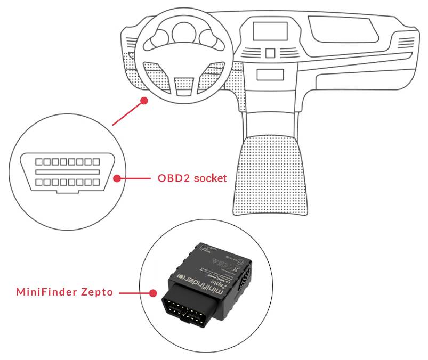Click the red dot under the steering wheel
(x=143, y=100)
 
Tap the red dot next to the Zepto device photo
(x=153, y=292)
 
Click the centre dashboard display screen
(x=270, y=31)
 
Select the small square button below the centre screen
(x=270, y=53)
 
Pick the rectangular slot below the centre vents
(x=270, y=75)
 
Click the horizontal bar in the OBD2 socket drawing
(x=67, y=172)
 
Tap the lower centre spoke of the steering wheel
(x=182, y=83)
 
